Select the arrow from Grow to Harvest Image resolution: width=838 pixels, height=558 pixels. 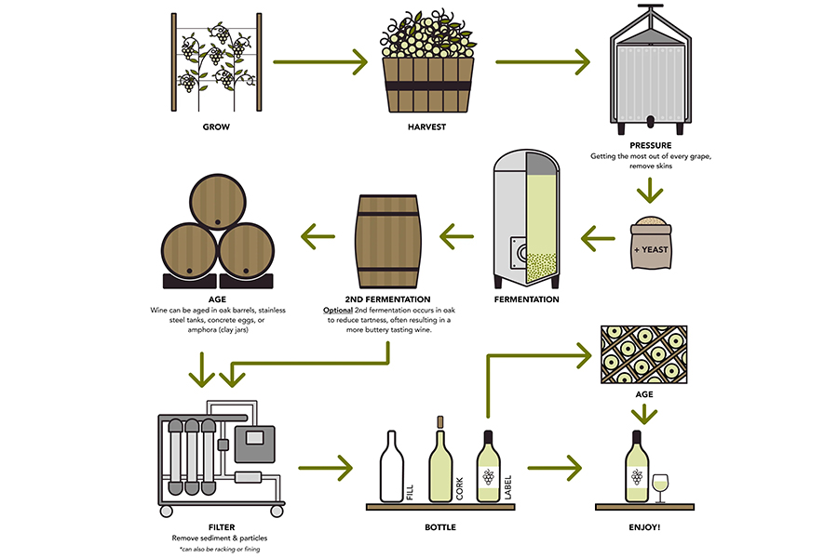coord(319,64)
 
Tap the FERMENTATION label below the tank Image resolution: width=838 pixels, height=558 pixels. coord(528,299)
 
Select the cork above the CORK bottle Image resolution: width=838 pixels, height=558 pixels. coord(440,421)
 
